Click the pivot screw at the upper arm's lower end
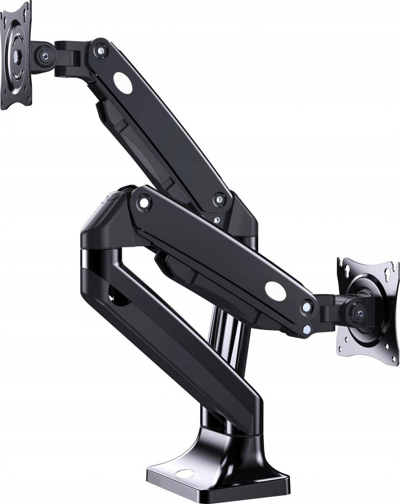coord(218,199)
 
